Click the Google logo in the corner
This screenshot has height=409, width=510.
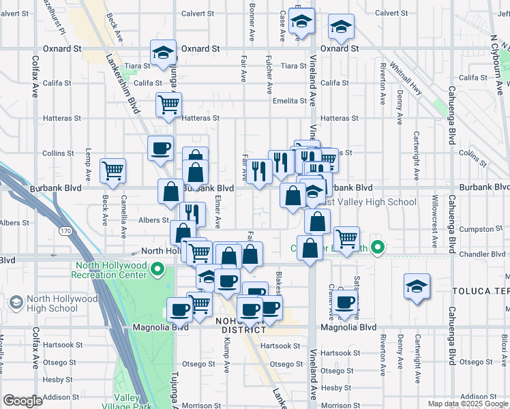coord(22,401)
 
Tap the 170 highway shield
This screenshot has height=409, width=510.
coord(65,232)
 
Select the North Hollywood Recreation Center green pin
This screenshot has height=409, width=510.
coord(157,270)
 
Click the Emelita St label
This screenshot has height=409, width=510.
coord(289,101)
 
